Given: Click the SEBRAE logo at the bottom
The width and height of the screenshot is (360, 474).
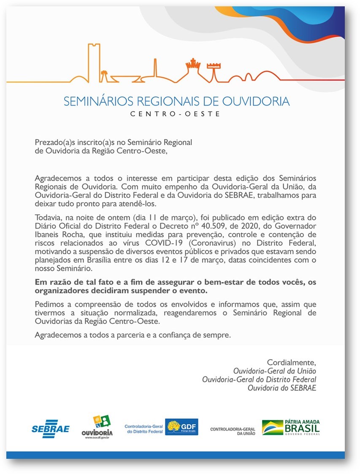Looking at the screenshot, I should [50, 428].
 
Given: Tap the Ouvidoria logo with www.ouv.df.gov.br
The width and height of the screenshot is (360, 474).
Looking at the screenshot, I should [97, 427].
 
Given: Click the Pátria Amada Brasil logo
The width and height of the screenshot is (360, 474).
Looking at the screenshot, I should [291, 427].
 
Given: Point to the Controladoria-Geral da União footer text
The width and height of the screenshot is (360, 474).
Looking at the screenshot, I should [233, 431].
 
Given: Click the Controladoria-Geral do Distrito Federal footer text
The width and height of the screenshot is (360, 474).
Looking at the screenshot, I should [143, 429].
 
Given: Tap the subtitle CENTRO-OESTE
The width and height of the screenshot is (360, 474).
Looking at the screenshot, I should [175, 114].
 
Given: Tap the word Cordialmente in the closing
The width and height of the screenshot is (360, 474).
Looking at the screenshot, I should [291, 363].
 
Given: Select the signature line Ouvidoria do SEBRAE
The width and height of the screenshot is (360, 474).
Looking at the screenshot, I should [282, 388].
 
